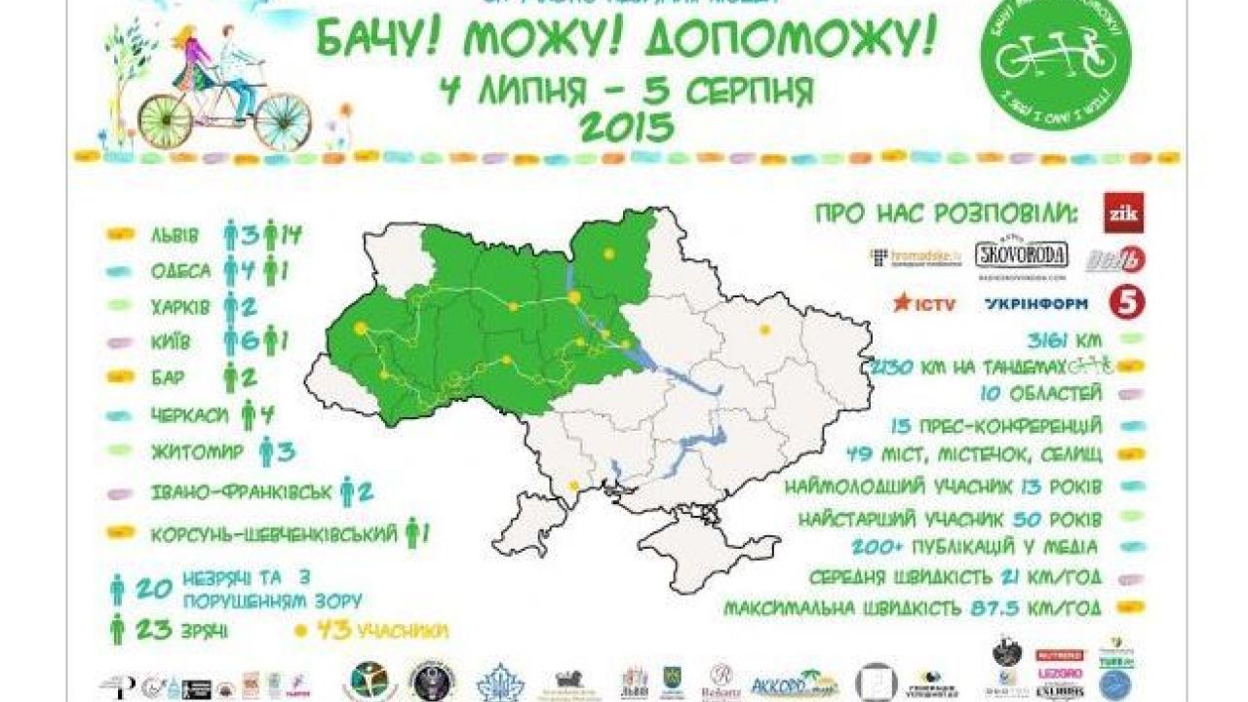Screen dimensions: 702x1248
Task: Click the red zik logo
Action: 1123,214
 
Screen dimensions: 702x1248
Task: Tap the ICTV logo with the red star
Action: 924,303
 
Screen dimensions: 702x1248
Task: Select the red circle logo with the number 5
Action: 1127,302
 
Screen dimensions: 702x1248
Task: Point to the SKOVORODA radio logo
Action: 1022,256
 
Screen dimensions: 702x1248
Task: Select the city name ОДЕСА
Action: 180,272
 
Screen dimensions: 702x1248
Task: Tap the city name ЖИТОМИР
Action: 196,451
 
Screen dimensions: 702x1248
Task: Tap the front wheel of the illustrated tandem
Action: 283,121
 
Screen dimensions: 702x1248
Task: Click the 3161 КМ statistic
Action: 1067,340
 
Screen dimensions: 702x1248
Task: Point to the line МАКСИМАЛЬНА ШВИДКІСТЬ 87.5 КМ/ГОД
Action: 912,608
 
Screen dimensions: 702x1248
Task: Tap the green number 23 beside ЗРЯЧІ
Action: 152,629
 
